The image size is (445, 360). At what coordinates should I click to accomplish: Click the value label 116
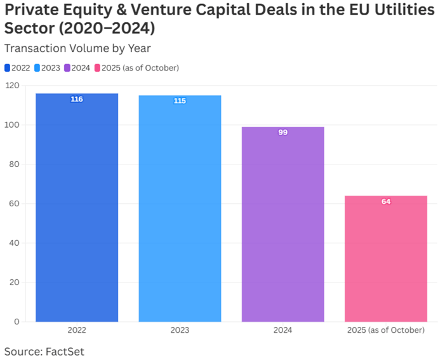coord(77,99)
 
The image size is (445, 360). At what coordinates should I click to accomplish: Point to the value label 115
coord(180,101)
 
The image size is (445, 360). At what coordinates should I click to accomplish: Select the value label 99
coord(282,132)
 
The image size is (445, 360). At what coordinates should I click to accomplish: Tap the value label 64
coord(385,201)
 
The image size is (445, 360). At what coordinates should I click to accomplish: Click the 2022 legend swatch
coord(7,68)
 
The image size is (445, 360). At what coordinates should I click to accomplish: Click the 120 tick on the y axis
coord(12,86)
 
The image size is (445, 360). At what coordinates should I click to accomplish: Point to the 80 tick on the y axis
coord(14,164)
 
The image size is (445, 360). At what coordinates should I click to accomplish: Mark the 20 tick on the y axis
coord(14,282)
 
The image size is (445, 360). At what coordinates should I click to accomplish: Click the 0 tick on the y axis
coord(17,321)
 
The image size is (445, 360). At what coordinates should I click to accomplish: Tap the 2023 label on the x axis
coord(180,330)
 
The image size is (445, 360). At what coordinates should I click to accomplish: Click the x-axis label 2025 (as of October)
coord(385,330)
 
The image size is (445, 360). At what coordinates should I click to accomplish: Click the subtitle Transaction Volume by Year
coord(77,48)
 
